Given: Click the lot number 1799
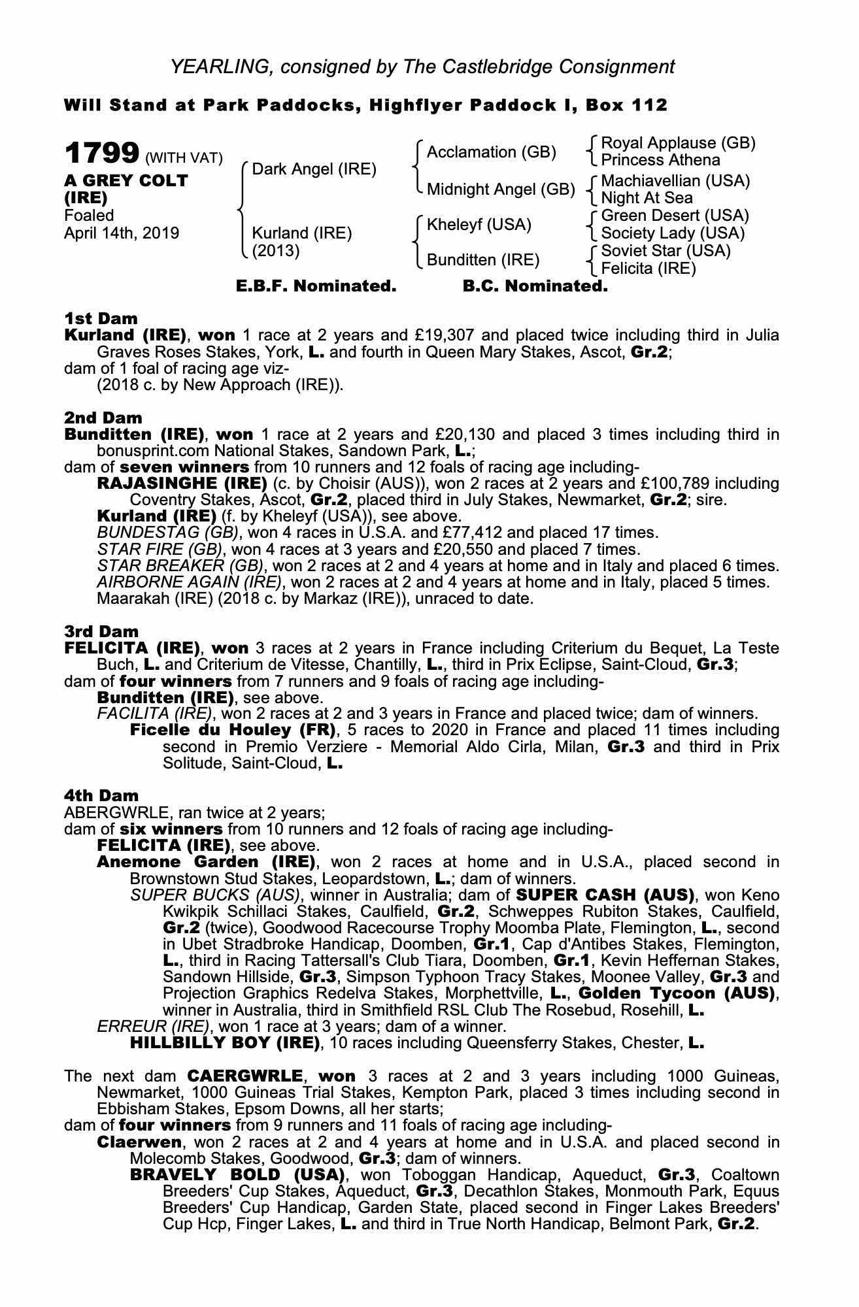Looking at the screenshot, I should click(x=101, y=154).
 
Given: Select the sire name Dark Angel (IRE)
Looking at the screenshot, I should click(x=314, y=169).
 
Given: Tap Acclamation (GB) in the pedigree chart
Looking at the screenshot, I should click(x=491, y=152).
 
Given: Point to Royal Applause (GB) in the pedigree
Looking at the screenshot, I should click(x=678, y=143).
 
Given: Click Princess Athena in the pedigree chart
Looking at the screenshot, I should click(x=660, y=160).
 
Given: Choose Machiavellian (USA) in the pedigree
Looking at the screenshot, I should click(x=675, y=180).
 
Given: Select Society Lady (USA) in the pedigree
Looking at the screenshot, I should click(x=673, y=233).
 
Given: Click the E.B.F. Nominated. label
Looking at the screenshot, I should click(x=316, y=286).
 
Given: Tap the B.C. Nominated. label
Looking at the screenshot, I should click(x=535, y=286).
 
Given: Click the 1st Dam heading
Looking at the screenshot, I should click(x=101, y=318).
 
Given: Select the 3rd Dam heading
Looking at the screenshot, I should click(x=101, y=631).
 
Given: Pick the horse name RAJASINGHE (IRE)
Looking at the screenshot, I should click(x=182, y=484).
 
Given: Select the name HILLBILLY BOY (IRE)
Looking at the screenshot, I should click(x=225, y=1042).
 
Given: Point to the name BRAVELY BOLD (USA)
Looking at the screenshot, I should click(x=237, y=1174).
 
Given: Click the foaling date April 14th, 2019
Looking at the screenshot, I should click(x=121, y=233).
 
